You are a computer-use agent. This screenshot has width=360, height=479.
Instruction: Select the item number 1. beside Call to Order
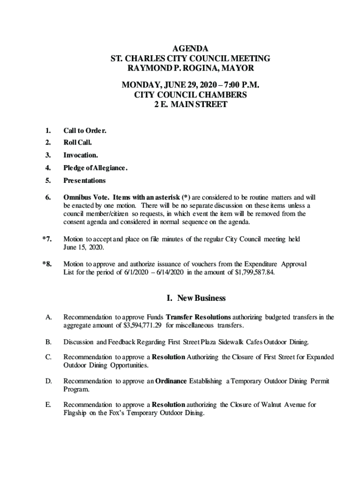click(48, 131)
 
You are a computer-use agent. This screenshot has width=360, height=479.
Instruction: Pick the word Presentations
click(85, 181)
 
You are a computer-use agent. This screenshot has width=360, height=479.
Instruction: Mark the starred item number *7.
click(47, 239)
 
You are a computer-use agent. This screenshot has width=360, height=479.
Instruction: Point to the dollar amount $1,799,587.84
click(251, 273)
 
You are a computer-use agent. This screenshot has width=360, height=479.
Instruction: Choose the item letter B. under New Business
click(49, 342)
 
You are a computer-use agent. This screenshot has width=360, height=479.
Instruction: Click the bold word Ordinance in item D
click(171, 381)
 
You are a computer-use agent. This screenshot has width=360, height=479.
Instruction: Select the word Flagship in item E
click(76, 413)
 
